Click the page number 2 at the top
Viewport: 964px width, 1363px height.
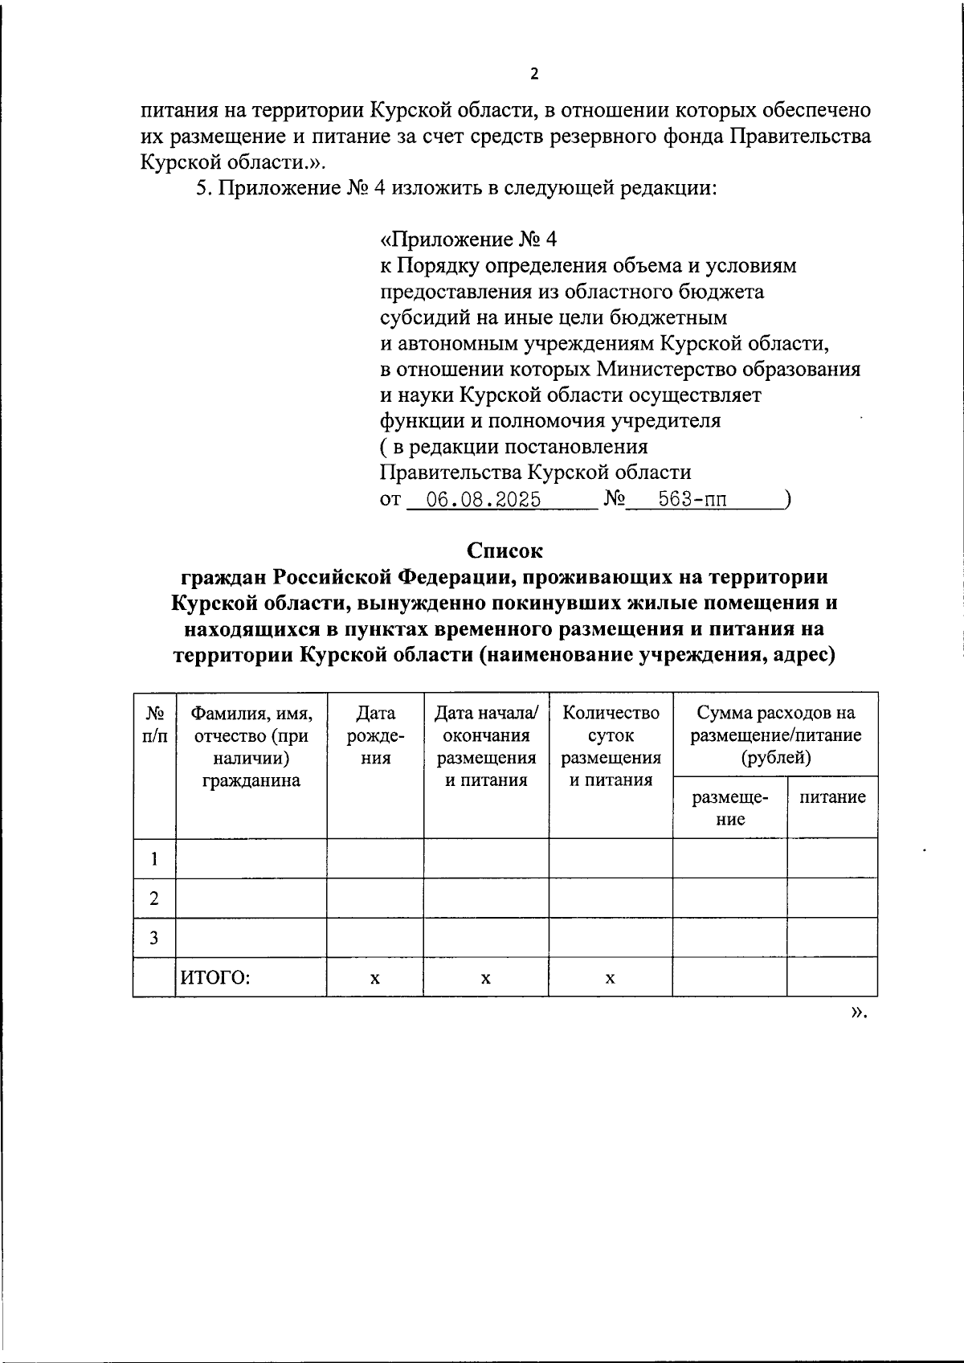(x=534, y=74)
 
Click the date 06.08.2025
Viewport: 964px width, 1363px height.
(x=483, y=500)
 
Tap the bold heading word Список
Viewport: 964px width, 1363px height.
(x=504, y=551)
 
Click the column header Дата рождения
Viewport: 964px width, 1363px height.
(x=375, y=735)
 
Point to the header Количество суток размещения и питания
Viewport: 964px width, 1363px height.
(x=611, y=746)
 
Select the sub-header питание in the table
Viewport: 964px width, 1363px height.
(x=832, y=796)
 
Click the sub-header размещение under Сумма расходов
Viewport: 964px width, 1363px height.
(x=729, y=808)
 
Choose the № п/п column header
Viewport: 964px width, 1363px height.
(x=153, y=723)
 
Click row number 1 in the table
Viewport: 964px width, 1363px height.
(x=153, y=858)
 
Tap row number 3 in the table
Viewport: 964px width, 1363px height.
(x=153, y=938)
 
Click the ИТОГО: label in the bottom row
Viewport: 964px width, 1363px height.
(x=215, y=978)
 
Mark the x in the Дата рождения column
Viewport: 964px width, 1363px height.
(x=374, y=978)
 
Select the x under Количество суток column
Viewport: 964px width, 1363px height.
(x=611, y=978)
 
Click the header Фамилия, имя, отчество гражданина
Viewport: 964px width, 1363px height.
(x=251, y=746)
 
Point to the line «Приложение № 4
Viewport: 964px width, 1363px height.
(x=468, y=239)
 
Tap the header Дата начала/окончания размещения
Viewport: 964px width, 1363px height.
(x=486, y=746)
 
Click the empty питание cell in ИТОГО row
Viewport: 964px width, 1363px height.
(x=832, y=978)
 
